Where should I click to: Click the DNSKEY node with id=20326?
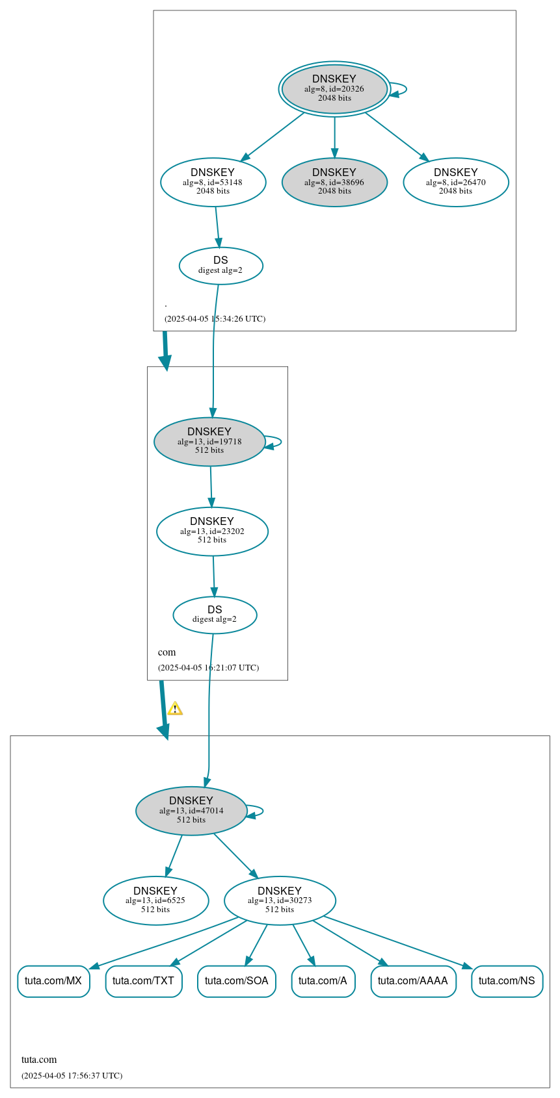[334, 89]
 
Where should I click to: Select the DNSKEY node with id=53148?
[213, 183]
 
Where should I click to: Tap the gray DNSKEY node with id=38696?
[334, 183]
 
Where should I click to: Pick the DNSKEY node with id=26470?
[455, 183]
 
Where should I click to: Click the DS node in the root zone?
[220, 266]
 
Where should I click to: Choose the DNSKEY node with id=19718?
[209, 442]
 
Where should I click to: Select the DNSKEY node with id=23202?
[212, 531]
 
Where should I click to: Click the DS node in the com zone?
[215, 615]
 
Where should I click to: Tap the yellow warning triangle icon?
[175, 709]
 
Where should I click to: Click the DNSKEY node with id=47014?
[191, 811]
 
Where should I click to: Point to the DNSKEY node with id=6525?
[155, 900]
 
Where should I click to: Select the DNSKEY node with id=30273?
[280, 900]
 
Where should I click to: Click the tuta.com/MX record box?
[53, 981]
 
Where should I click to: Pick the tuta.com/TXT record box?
[144, 981]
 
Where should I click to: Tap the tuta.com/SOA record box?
[237, 981]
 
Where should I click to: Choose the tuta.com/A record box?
[323, 981]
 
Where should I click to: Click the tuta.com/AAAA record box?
[413, 981]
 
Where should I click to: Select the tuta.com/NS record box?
[507, 981]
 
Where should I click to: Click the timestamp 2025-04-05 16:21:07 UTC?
[208, 668]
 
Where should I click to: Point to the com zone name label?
[167, 652]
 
